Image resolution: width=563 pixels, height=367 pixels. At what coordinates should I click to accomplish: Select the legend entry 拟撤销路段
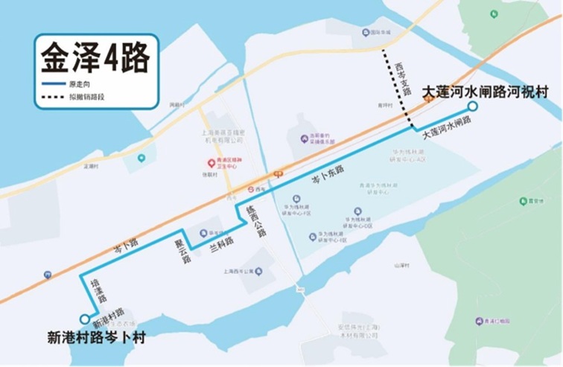click(86, 97)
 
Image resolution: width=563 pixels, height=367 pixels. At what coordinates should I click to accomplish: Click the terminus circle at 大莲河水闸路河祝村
click(472, 106)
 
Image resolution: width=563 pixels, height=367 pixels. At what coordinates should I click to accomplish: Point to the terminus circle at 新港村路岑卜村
click(84, 319)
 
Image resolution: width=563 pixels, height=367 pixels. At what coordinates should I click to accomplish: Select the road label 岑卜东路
click(328, 174)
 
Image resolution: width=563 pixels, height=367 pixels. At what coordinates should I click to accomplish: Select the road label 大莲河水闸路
click(447, 127)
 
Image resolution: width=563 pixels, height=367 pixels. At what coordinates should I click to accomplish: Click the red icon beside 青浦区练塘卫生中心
click(211, 162)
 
